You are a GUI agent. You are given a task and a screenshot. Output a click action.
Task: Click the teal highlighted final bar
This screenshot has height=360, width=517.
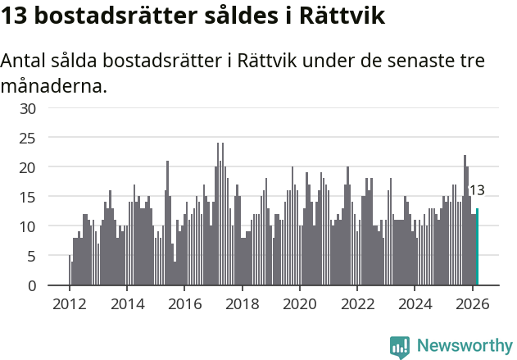click(478, 247)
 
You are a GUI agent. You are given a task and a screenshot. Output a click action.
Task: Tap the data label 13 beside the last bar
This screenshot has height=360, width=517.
click(476, 190)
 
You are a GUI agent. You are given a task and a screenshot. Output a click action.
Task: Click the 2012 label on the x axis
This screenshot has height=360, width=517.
click(69, 303)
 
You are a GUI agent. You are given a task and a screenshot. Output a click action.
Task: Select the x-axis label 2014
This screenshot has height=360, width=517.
click(127, 303)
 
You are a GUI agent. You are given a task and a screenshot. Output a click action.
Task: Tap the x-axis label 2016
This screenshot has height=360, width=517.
click(184, 303)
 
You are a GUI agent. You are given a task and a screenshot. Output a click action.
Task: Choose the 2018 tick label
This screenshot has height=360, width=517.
click(242, 303)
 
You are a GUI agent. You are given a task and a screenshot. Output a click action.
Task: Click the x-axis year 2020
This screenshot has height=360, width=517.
click(300, 303)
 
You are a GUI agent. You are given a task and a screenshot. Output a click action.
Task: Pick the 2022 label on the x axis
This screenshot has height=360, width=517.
click(357, 303)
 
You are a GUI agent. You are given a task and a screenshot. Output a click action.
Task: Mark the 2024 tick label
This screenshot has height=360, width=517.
click(415, 303)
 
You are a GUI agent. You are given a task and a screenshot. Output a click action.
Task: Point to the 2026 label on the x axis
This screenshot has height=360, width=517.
click(473, 303)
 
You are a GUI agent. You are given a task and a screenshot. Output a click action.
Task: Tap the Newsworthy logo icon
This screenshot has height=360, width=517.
click(400, 347)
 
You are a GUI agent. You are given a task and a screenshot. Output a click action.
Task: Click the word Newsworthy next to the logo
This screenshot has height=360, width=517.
click(464, 346)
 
